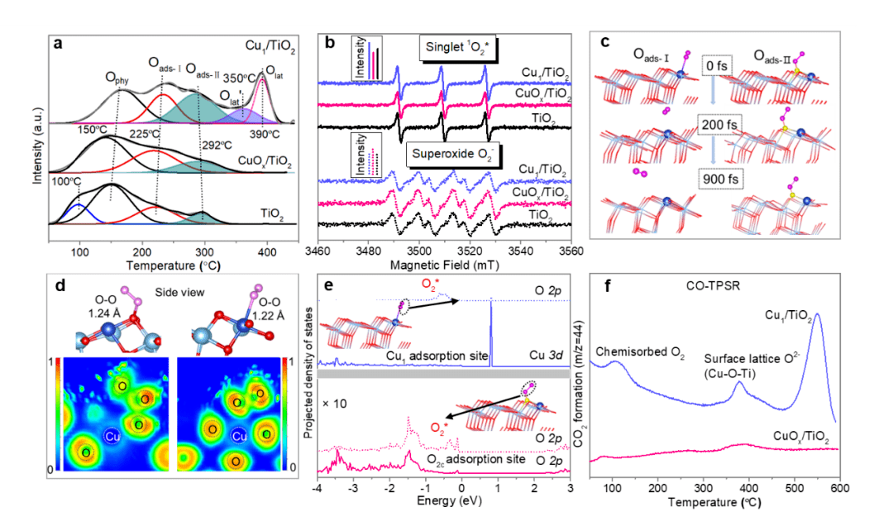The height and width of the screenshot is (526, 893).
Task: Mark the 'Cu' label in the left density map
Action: coord(111,435)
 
